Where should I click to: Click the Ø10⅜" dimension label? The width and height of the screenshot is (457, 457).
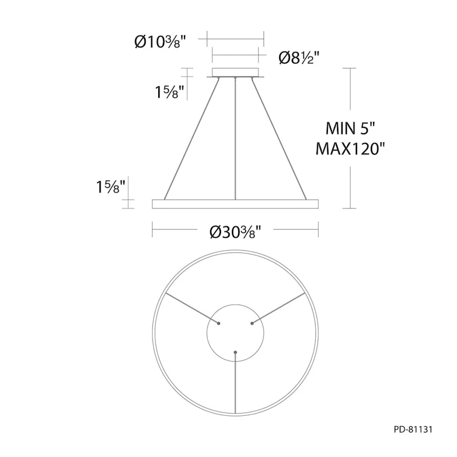click(161, 42)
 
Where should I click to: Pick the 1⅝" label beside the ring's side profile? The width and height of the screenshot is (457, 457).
click(111, 186)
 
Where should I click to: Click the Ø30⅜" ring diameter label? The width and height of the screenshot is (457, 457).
click(235, 231)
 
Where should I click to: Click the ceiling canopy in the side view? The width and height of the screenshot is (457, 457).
click(235, 73)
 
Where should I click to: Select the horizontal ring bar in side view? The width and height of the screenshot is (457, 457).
click(235, 204)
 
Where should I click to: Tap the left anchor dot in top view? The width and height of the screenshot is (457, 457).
click(219, 323)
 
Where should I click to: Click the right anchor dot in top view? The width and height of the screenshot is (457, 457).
click(251, 323)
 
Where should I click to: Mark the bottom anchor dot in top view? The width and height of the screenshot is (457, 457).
click(235, 352)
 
